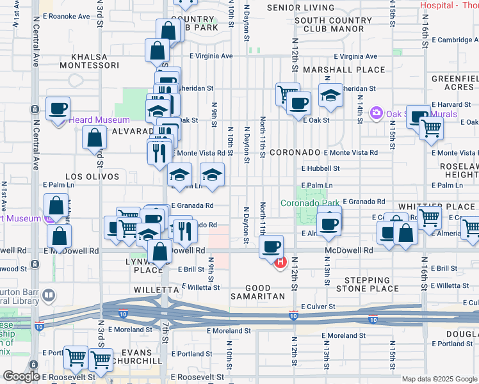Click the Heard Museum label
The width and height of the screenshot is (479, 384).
click(99, 120)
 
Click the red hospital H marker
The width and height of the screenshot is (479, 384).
click(280, 263)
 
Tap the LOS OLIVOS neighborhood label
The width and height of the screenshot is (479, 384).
click(92, 176)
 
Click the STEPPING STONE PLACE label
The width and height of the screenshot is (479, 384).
click(371, 285)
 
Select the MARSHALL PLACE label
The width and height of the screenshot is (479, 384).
click(345, 70)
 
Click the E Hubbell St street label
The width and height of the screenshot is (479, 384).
click(320, 169)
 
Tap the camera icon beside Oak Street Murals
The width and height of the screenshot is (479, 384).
click(376, 114)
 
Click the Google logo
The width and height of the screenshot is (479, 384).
click(22, 376)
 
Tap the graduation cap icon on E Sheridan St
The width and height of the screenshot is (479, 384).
click(330, 96)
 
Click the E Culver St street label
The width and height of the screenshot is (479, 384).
click(318, 307)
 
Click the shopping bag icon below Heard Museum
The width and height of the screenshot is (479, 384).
click(95, 137)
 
